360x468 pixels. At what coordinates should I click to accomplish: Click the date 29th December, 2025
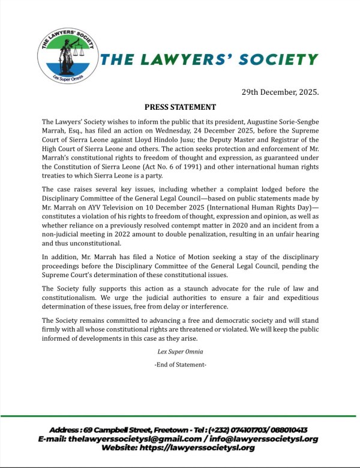click(x=280, y=93)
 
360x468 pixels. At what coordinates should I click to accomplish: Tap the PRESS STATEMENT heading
click(x=180, y=107)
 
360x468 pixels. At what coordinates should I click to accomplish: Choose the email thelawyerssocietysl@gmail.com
click(x=131, y=439)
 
